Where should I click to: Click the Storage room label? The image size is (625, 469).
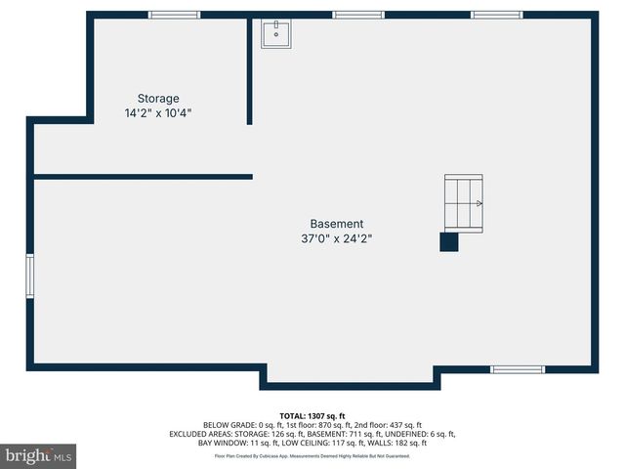click(158, 99)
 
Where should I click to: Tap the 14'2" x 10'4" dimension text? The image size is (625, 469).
click(158, 113)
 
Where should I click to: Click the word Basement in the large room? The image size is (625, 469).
click(337, 224)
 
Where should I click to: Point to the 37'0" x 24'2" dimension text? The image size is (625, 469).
click(337, 238)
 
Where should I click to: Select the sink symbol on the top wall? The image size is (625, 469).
click(276, 34)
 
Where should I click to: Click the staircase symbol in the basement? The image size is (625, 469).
click(463, 203)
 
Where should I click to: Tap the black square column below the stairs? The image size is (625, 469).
click(448, 242)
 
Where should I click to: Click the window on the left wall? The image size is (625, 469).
click(30, 276)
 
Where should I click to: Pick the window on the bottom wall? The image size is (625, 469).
click(517, 369)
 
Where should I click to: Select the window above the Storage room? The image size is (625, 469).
click(174, 15)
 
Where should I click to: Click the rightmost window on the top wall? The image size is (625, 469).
click(497, 15)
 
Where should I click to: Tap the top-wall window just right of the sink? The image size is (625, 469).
click(357, 15)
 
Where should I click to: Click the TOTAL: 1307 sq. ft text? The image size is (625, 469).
click(312, 416)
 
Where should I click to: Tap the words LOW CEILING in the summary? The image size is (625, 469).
click(291, 443)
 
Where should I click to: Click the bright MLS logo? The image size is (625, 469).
click(39, 455)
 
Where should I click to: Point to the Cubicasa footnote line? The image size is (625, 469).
click(312, 455)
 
